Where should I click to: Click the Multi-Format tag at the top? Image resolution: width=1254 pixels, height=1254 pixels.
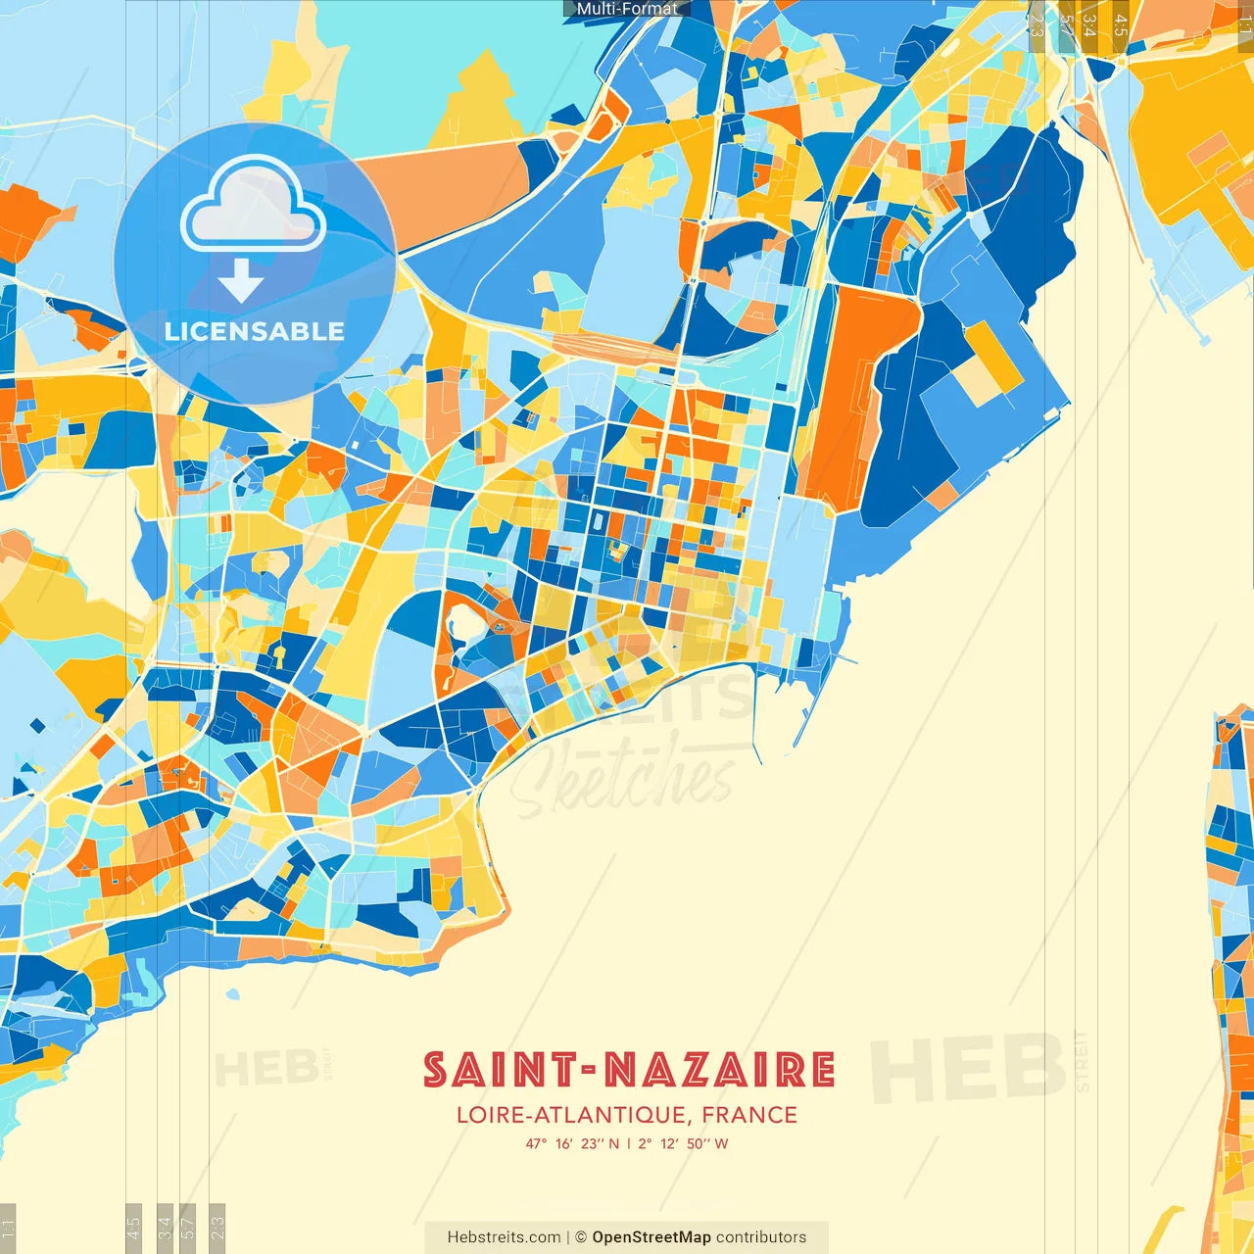[627, 9]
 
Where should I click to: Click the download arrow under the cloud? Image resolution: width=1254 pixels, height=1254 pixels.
[241, 281]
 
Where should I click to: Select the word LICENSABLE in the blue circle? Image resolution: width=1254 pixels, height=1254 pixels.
[255, 331]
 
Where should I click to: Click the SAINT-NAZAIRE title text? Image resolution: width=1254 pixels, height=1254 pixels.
[629, 1070]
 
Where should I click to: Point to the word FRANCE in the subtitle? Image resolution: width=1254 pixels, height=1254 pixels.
[749, 1115]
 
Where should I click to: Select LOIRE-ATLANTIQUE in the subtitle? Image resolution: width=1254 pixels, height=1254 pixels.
[571, 1115]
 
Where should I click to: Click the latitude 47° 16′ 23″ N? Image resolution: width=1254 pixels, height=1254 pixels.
[572, 1143]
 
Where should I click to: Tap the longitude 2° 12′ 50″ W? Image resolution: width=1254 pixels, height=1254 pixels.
[683, 1143]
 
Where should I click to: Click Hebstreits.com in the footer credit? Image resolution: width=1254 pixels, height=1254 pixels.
[504, 1237]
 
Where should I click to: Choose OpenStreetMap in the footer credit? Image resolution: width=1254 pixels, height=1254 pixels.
[651, 1237]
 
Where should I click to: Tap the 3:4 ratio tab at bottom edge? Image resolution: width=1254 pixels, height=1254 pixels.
[165, 1228]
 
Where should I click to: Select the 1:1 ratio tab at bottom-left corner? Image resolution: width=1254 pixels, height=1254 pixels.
[8, 1228]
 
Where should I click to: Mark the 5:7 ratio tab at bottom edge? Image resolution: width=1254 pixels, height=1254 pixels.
[187, 1228]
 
